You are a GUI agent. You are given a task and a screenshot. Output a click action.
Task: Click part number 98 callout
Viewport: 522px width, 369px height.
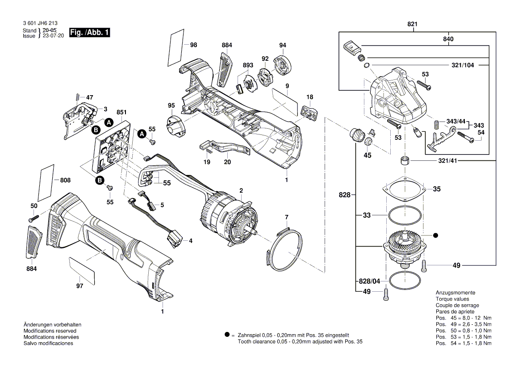click(x=193, y=45)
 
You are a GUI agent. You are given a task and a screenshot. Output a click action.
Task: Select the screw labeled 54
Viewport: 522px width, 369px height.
click(x=465, y=139)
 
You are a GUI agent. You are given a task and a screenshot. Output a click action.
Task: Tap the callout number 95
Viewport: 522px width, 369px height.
click(x=171, y=105)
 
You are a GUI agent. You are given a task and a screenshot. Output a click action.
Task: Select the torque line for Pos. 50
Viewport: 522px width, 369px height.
click(x=464, y=330)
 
